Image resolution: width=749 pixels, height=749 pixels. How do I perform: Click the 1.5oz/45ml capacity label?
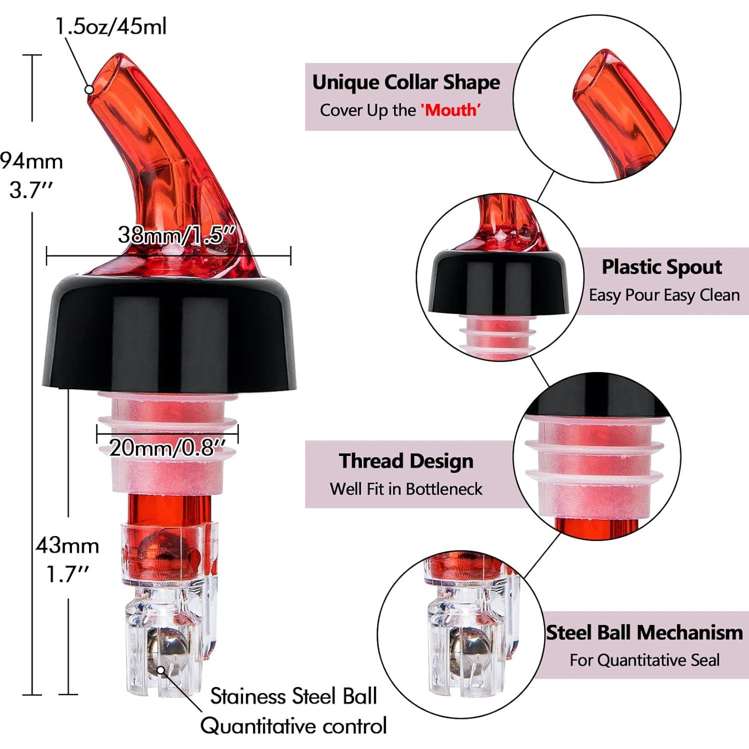(111, 26)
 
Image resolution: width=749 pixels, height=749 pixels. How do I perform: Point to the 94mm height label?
(31, 161)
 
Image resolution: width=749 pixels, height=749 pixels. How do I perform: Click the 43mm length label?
(67, 545)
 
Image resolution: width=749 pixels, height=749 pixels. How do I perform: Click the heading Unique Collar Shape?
(405, 82)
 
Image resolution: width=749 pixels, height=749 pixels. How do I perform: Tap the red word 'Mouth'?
(450, 110)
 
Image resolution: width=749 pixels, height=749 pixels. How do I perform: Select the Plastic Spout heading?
(661, 267)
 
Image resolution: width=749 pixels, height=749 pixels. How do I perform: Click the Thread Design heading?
(406, 461)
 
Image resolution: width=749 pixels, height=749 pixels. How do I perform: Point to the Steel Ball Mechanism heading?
(644, 632)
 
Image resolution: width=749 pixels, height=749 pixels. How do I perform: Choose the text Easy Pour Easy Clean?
(664, 295)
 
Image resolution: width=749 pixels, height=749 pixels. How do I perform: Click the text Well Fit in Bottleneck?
(406, 488)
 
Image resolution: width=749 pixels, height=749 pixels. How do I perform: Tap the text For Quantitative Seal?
(644, 660)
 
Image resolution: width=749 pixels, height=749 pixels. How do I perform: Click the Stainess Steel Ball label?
(293, 696)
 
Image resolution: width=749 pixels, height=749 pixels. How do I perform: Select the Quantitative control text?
(293, 726)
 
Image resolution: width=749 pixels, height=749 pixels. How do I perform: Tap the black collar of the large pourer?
(170, 330)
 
